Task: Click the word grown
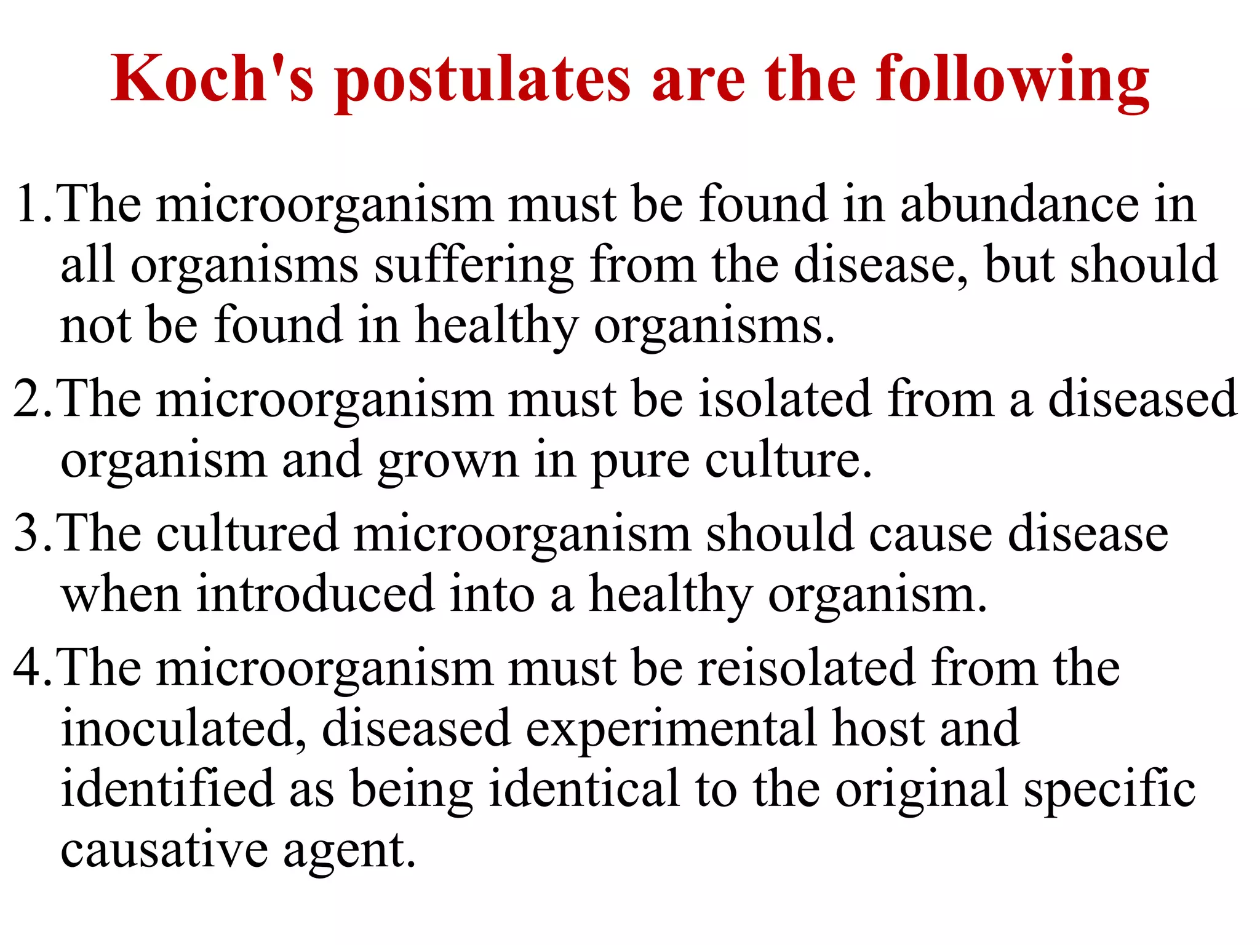click(449, 461)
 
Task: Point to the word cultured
click(247, 533)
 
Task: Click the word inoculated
click(183, 728)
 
